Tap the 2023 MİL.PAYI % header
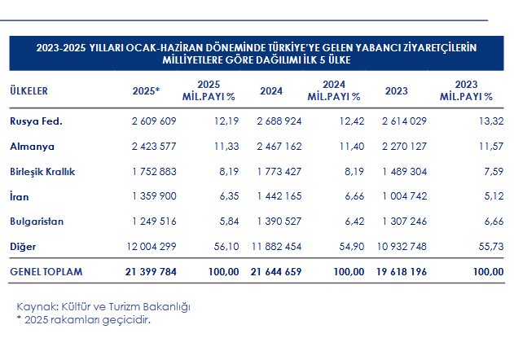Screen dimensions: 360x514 pos(466,90)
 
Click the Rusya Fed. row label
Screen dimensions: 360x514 pos(36,121)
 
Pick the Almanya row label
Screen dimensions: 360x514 pos(30,147)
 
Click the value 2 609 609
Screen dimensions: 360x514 pos(153,121)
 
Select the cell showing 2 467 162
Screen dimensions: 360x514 pos(279,147)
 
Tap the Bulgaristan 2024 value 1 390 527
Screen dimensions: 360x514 pos(279,221)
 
